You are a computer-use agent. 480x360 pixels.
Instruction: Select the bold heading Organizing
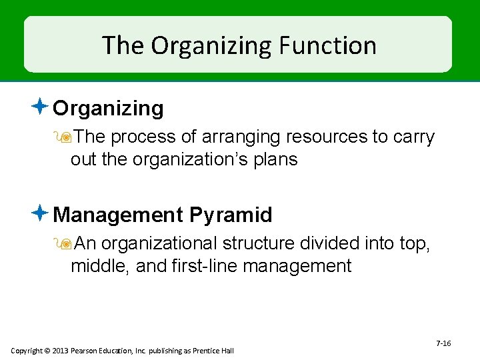coord(108,108)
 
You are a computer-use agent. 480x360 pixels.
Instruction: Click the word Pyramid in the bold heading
coord(231,215)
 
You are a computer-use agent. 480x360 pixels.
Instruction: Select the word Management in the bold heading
coord(117,215)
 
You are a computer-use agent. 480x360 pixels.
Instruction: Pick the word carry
coord(414,137)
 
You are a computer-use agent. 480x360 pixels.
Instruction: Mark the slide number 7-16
coord(443,343)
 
